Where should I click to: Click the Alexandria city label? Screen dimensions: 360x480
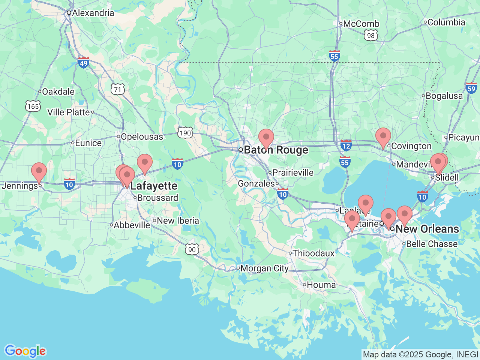(93, 13)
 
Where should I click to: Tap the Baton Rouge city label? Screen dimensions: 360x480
(276, 150)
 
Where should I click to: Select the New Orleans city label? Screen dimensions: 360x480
(427, 229)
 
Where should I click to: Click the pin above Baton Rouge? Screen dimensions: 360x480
(266, 137)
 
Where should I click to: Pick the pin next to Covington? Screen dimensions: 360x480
(383, 136)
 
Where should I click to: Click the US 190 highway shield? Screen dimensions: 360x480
(185, 133)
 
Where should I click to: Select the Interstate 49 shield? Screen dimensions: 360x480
(83, 63)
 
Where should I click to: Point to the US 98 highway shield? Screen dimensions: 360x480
(370, 36)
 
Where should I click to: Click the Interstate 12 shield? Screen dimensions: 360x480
(346, 146)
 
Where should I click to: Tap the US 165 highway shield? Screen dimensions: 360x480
(33, 106)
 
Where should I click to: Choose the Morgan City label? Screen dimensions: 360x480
(264, 268)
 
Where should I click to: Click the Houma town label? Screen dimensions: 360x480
(321, 285)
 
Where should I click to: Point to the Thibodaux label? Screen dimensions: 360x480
(313, 253)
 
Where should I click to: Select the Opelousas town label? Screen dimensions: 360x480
(142, 137)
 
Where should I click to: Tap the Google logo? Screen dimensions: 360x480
(25, 351)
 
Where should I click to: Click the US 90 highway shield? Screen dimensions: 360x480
(192, 249)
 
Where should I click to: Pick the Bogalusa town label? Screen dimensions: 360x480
(444, 96)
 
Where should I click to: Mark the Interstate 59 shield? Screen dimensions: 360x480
(471, 88)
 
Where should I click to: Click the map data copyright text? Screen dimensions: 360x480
(420, 354)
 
